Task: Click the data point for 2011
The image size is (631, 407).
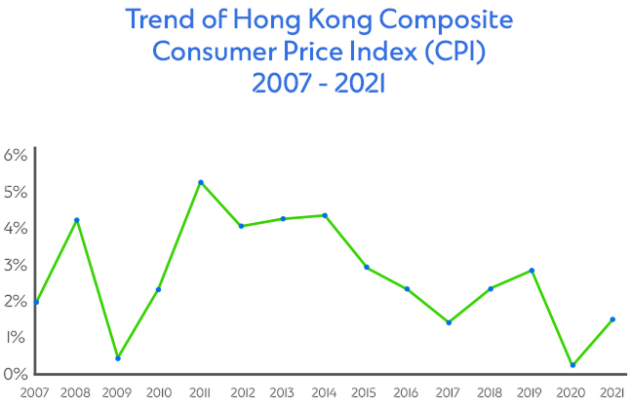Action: [200, 182]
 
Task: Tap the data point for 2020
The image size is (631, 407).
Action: [572, 365]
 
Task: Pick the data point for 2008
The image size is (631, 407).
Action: [76, 220]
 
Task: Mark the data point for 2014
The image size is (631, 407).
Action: [324, 215]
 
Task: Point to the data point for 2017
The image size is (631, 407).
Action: [448, 322]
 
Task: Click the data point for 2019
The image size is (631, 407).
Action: [531, 271]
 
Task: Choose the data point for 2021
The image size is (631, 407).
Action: [612, 319]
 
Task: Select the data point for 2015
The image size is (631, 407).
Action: [366, 267]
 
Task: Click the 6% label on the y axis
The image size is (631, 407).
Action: [15, 156]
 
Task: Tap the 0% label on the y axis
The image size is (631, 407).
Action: [15, 374]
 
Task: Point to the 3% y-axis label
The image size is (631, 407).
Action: [15, 265]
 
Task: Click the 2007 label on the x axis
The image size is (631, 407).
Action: [19, 393]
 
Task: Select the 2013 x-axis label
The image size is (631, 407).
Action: [283, 393]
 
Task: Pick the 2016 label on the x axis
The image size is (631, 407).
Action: [407, 393]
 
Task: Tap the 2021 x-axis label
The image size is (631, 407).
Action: [611, 393]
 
